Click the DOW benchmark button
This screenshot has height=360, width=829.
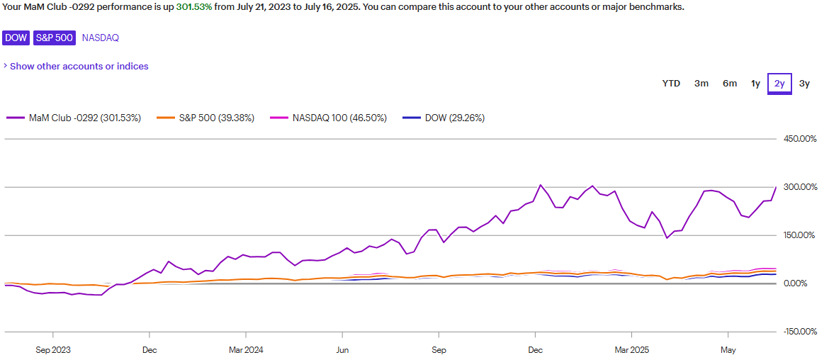coord(16,38)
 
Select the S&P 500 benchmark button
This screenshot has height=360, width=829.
coord(55,38)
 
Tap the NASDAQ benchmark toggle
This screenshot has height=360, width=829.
coord(101,38)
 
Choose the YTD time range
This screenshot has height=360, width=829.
coord(671,84)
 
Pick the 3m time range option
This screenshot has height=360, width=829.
coord(701,84)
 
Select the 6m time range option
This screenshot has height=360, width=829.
coord(730,84)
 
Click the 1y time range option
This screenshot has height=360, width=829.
coord(756,84)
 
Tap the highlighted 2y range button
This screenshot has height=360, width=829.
coord(779,84)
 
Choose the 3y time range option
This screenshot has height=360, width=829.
coord(804,84)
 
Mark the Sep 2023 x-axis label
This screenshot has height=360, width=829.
coord(53,349)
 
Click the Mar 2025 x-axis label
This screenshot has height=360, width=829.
coord(631,349)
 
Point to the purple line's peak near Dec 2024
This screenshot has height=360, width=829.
coord(541,185)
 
